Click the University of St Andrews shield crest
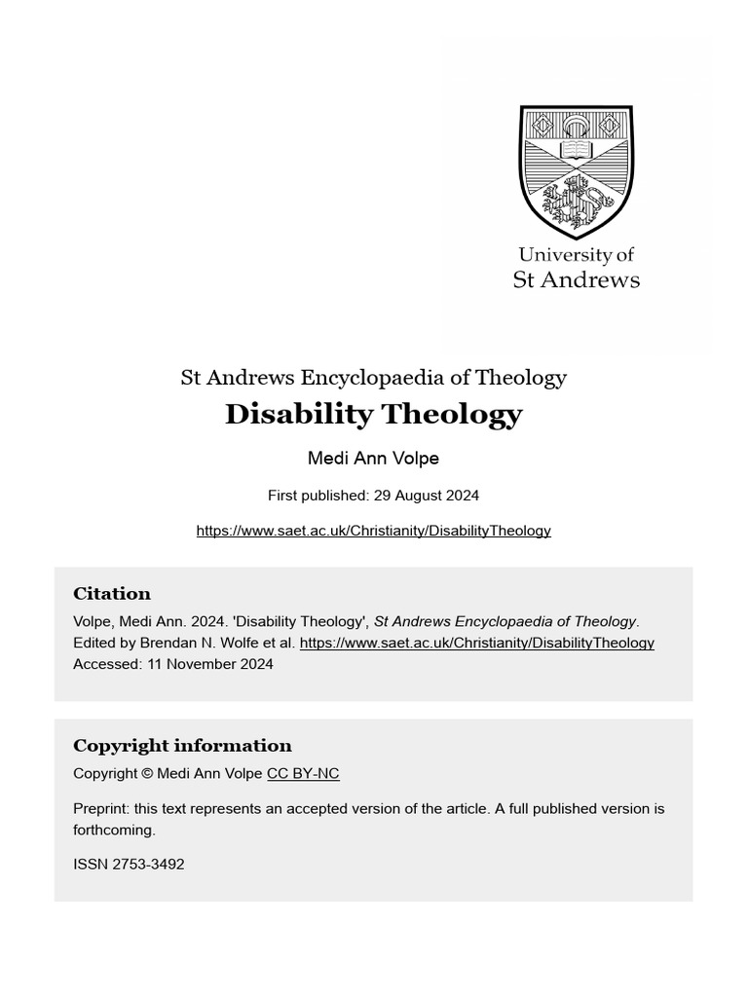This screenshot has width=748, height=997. coord(577,171)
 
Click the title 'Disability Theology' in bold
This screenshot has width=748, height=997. coord(374,415)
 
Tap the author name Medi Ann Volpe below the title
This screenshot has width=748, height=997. coord(374,459)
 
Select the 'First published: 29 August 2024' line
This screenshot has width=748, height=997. coord(374,496)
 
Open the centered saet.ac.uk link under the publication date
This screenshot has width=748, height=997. coord(374,531)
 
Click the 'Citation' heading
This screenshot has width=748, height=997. coord(112,594)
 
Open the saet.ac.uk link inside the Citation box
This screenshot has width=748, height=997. coord(476,643)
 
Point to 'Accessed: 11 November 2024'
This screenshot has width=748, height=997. coord(173,664)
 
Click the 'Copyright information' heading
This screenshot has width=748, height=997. coord(182,746)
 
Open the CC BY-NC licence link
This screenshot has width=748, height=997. coord(303,774)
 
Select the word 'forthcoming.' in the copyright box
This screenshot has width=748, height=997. coord(114,831)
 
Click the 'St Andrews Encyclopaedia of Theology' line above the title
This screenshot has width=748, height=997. coord(374,378)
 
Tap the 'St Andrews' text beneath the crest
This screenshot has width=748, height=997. coord(577,280)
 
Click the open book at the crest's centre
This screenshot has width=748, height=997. coord(576,151)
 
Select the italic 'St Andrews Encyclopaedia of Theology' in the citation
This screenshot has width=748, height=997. coord(505,621)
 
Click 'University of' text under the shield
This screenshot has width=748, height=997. coord(577,255)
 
